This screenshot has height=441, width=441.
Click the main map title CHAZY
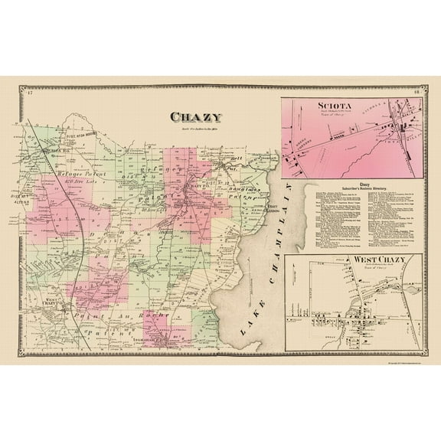[196, 118]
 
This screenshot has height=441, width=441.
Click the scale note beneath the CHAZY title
[196, 128]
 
